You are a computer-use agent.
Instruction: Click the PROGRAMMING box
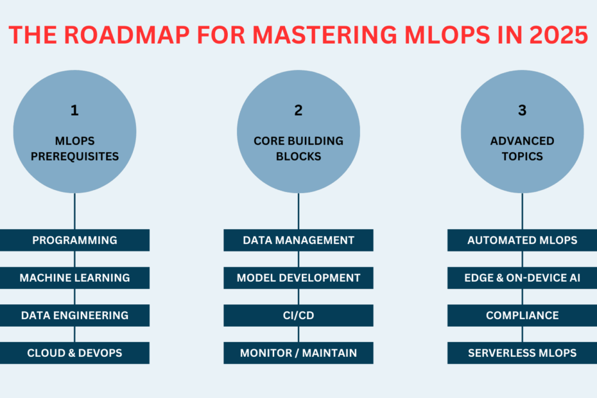pos(74,240)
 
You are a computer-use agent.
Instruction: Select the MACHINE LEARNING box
pos(74,278)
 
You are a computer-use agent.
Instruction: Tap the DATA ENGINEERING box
pos(74,315)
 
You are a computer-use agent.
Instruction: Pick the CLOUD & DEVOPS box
pos(74,353)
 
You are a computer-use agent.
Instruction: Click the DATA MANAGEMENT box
pos(298,240)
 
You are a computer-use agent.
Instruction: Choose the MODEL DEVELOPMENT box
pos(298,278)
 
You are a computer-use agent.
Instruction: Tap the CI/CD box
pos(298,315)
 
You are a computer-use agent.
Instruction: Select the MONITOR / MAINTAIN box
pos(298,353)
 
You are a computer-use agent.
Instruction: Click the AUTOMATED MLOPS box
pos(522,240)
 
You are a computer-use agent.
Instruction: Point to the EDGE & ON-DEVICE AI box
pos(522,278)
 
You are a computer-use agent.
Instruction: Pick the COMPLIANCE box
pos(522,315)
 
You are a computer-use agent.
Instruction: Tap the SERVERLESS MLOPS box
pos(522,353)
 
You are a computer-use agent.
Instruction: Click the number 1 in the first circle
pos(74,110)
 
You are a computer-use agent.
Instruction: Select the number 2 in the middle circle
pos(298,110)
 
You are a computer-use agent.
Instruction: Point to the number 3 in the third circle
pos(523,110)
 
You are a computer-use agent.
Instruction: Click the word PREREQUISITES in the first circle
pos(74,156)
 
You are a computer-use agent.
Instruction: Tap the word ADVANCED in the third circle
pos(522,141)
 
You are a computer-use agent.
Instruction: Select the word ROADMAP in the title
pos(127,35)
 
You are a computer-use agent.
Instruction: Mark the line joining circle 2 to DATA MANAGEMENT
pos(298,211)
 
